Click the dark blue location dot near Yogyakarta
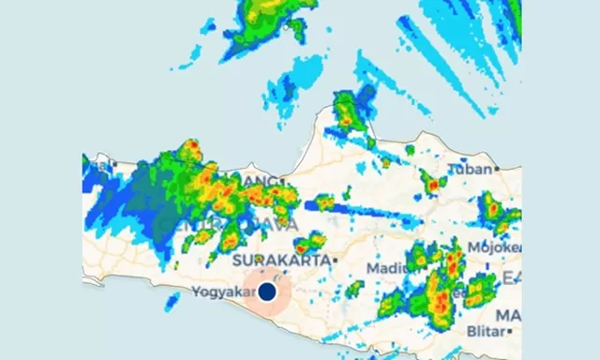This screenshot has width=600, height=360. [267, 292]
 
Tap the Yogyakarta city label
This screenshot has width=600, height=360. [221, 292]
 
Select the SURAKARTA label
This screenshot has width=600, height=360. [280, 260]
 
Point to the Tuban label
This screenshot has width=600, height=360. [469, 170]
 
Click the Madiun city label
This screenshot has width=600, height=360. [387, 268]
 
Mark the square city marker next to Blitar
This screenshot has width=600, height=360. [508, 332]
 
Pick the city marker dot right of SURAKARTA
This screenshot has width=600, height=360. [334, 260]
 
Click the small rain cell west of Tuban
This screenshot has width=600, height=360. [432, 183]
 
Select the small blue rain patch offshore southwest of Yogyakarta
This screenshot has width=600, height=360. [172, 302]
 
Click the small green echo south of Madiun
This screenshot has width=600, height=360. [355, 289]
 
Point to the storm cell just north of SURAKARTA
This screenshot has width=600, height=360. [308, 243]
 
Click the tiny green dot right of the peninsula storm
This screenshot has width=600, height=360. [409, 149]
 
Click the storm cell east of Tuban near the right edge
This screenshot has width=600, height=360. [495, 213]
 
